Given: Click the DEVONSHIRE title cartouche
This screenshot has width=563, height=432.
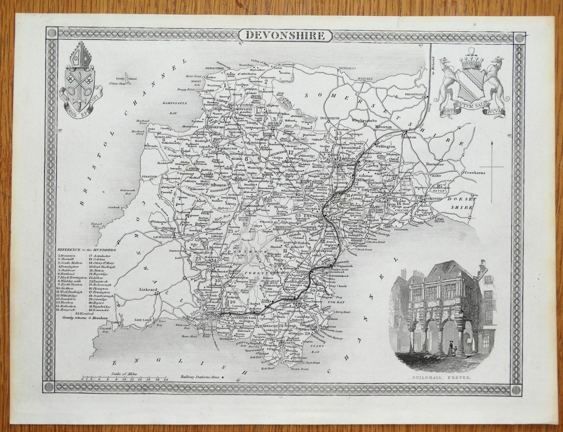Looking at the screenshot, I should click(x=286, y=35).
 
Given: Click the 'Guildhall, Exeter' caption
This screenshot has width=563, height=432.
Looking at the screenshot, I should click(x=442, y=376).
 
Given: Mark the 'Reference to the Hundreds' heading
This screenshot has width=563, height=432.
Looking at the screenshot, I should click(x=87, y=250).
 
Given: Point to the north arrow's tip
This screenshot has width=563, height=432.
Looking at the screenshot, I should click(x=492, y=142).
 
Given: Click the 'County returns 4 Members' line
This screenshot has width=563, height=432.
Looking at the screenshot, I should click(x=81, y=317).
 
